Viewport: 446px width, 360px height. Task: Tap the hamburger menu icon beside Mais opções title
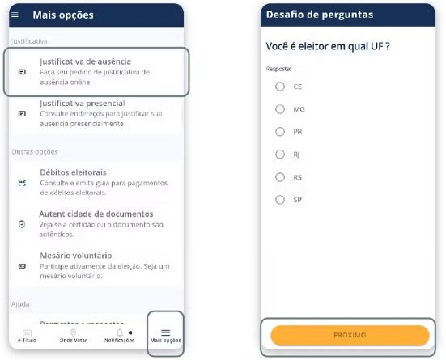tap(15, 15)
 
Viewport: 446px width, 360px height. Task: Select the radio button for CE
tap(280, 87)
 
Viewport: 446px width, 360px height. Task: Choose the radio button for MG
tap(280, 109)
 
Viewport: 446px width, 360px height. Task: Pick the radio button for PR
tap(280, 132)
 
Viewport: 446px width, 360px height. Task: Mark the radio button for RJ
tap(280, 155)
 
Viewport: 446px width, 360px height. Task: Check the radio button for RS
tap(280, 177)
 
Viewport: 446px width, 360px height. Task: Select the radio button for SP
tap(280, 200)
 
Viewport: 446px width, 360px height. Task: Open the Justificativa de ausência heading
tap(85, 61)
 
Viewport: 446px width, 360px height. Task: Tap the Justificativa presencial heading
tap(83, 104)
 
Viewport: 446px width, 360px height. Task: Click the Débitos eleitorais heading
tap(73, 172)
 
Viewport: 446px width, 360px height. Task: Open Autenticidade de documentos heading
tap(96, 214)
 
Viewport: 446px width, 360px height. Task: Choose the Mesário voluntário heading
tap(75, 256)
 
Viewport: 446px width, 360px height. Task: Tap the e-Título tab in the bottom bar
tap(27, 336)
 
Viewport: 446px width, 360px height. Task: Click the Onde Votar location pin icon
tap(73, 332)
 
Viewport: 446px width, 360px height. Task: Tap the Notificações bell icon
tap(120, 332)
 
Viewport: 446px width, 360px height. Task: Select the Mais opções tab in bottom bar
tap(166, 336)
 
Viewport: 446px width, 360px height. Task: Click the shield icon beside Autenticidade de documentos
tap(22, 224)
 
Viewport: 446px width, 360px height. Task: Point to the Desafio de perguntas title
tap(320, 15)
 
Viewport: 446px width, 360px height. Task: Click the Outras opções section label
tap(35, 152)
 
